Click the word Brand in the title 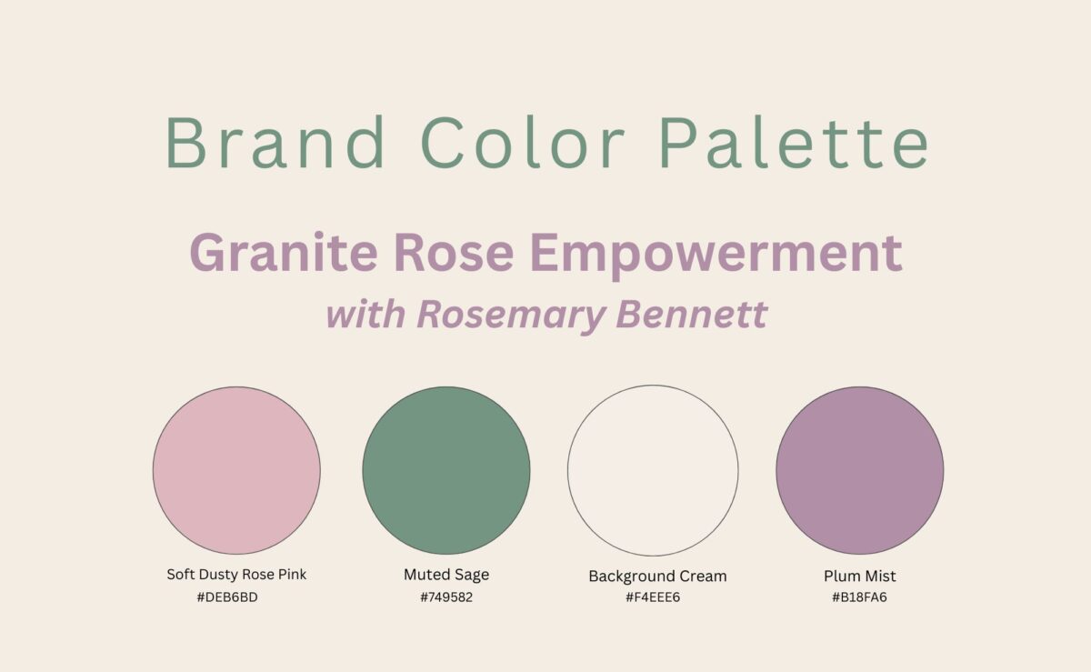point(275,142)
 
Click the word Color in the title point(523,142)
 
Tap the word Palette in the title point(795,142)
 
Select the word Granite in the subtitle point(284,253)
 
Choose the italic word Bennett point(692,315)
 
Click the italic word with point(365,315)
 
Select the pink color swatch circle point(236,470)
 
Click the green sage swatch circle point(446,470)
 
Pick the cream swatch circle point(653,470)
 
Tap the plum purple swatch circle point(860,470)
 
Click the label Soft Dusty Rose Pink point(236,575)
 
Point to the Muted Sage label point(446,575)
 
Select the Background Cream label point(657,577)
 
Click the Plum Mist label point(860,576)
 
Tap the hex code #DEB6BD point(227,597)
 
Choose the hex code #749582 point(446,597)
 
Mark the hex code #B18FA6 point(859,597)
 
